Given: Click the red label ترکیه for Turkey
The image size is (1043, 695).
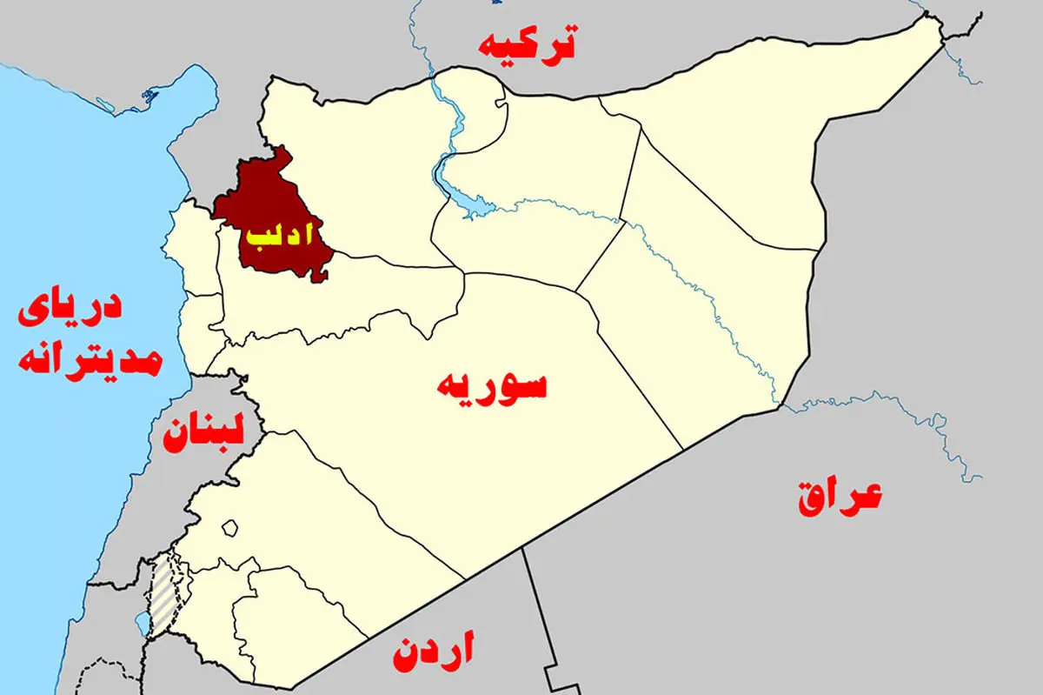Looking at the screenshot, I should point(528,43).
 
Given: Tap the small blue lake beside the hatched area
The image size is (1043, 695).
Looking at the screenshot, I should point(142,624).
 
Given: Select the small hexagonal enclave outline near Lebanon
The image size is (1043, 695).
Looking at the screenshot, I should point(230,528).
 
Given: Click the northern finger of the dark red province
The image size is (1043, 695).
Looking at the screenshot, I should point(281,157).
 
